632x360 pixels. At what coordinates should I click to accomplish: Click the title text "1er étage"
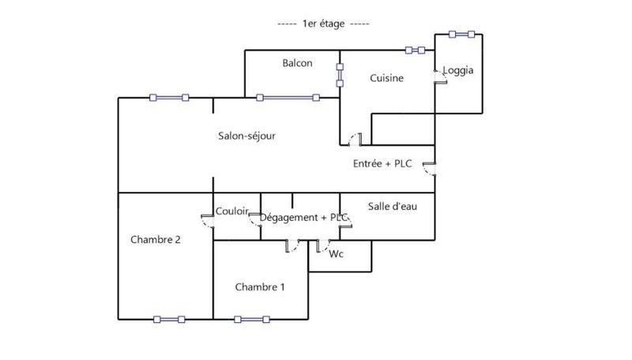[x=324, y=24]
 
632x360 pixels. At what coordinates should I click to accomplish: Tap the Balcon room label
[x=298, y=63]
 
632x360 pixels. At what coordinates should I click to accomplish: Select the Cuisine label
[x=387, y=78]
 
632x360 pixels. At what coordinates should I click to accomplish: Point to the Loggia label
[x=458, y=70]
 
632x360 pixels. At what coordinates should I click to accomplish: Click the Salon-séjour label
[x=246, y=136]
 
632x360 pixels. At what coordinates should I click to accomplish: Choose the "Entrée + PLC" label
[x=382, y=163]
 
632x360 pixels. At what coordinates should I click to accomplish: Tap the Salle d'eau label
[x=393, y=206]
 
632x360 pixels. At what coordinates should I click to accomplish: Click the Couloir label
[x=232, y=212]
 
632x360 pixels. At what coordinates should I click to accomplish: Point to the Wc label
[x=336, y=253]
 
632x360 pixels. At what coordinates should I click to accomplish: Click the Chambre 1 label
[x=260, y=287]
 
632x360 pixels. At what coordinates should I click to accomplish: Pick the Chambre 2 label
[x=156, y=240]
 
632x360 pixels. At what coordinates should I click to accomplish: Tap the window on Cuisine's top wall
[x=415, y=50]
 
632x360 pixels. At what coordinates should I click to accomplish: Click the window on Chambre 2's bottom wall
[x=170, y=320]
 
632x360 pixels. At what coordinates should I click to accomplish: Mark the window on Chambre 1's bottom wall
[x=250, y=320]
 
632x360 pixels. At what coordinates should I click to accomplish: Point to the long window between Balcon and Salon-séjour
[x=288, y=98]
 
